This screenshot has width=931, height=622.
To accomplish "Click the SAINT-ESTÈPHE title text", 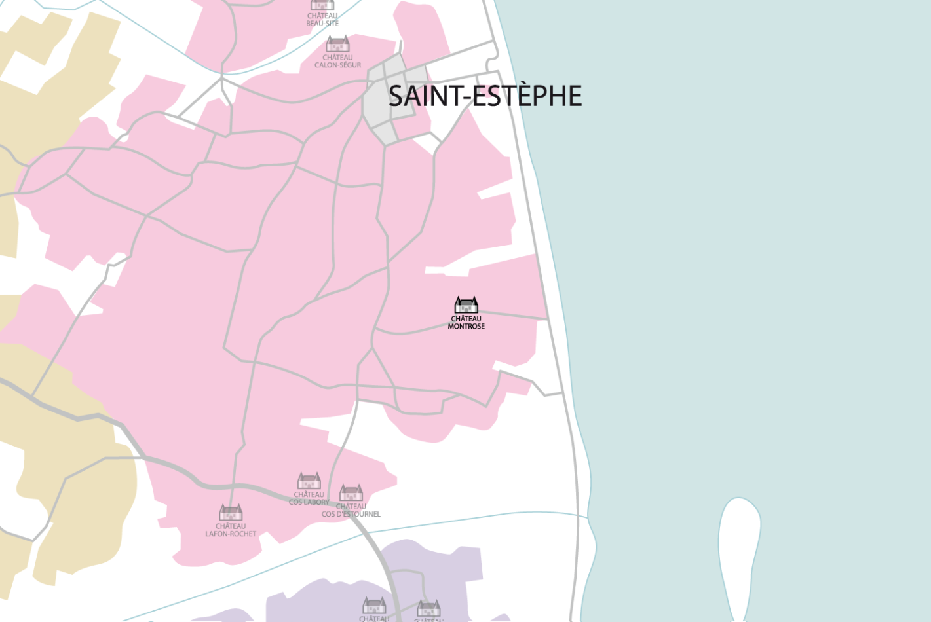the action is point(485,96).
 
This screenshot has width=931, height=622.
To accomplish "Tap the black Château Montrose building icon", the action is point(466,305).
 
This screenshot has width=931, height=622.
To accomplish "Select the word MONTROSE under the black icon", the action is point(466,326).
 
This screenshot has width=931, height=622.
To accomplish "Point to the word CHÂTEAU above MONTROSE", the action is point(466,319).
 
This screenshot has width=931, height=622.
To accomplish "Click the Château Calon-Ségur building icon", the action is point(338,44).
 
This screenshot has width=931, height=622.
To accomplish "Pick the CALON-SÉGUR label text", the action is point(338,65).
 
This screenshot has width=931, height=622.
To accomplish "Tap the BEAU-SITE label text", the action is point(322,24).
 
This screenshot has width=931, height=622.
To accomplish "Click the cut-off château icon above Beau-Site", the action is point(322,5).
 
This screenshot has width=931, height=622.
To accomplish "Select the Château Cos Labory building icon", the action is point(309,481).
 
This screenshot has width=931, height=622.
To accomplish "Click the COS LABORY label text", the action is point(309,502).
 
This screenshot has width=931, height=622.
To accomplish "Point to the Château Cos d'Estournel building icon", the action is point(351,492).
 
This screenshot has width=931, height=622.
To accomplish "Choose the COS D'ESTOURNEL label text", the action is point(351,514).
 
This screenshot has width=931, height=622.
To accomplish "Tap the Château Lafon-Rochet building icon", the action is point(231,513).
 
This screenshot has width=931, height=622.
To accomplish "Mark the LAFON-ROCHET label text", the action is point(231,534).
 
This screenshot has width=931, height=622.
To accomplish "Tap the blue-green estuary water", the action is point(753,262).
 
